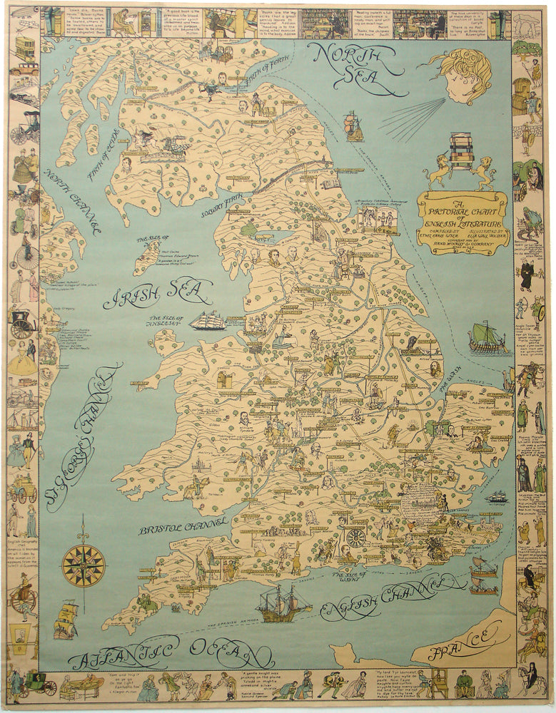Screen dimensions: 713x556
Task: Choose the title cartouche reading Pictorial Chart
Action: [463, 221]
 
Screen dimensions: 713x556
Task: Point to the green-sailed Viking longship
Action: [488, 339]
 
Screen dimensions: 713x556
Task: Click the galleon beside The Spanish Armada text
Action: [283, 603]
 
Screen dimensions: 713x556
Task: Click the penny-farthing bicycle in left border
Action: [26, 254]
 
